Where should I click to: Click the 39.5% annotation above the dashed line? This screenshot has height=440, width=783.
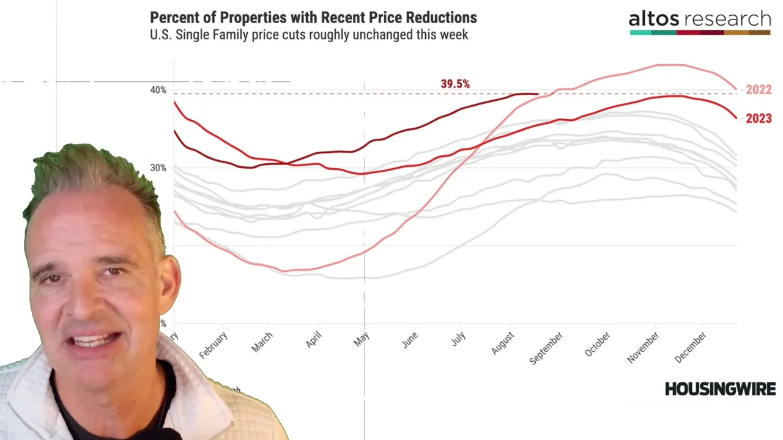[455, 84]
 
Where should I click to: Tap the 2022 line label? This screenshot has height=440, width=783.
[759, 90]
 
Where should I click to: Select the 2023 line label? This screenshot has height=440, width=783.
[759, 119]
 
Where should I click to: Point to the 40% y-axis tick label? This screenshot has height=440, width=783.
[158, 90]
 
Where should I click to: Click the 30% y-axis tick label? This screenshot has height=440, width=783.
[158, 167]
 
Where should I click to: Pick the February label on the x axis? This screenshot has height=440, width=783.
[213, 345]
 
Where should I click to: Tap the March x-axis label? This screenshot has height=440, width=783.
[262, 342]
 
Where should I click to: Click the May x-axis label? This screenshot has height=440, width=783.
[362, 340]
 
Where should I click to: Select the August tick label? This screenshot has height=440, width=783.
[503, 343]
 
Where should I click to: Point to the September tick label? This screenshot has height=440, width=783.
[546, 348]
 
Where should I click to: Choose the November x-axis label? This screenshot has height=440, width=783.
[643, 347]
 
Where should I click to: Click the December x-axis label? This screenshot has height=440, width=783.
[691, 347]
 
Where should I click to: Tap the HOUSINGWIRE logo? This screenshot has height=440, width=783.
[720, 389]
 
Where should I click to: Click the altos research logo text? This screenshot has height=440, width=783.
[699, 19]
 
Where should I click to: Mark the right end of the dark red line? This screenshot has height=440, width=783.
[538, 94]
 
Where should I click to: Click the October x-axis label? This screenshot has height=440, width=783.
[597, 345]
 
